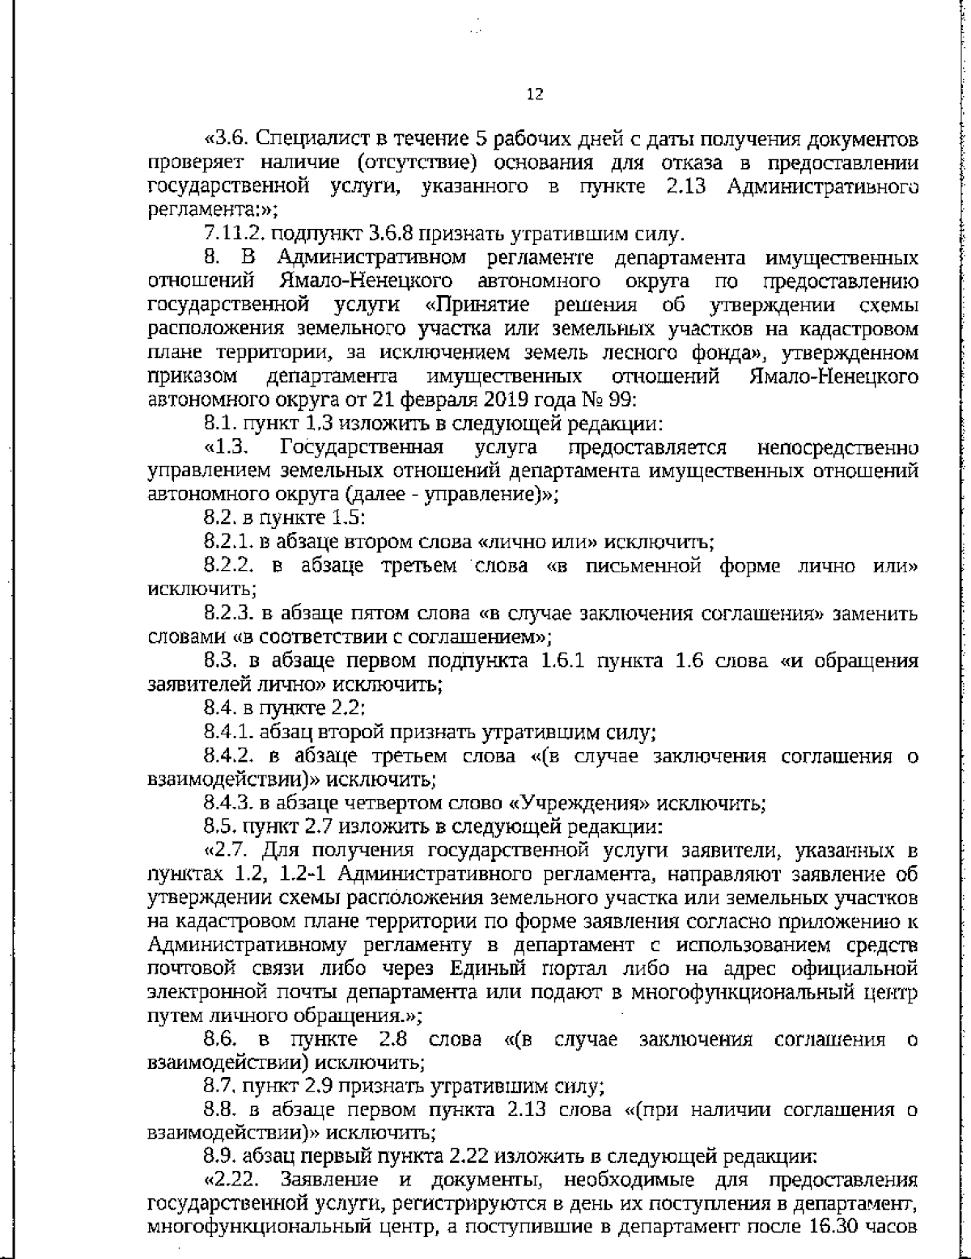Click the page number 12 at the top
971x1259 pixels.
click(535, 95)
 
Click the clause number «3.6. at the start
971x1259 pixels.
click(227, 140)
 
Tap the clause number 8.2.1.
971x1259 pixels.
click(227, 542)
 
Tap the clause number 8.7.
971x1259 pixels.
click(221, 1085)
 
